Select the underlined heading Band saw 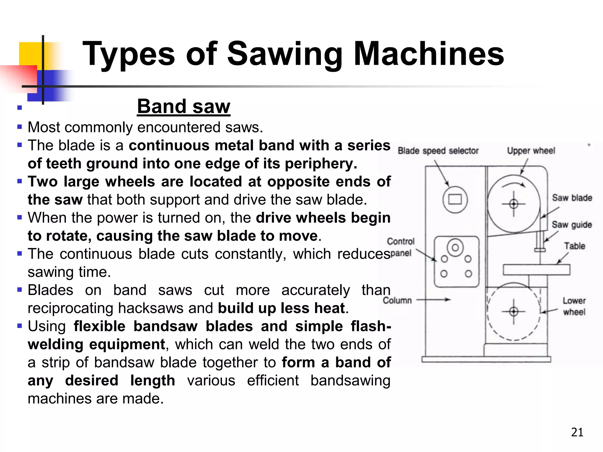pyautogui.click(x=183, y=106)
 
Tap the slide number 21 pyautogui.click(x=577, y=432)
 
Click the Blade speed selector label pyautogui.click(x=438, y=151)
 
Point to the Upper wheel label pyautogui.click(x=531, y=151)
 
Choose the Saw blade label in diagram pyautogui.click(x=572, y=198)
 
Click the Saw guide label pyautogui.click(x=571, y=225)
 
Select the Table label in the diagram pyautogui.click(x=574, y=246)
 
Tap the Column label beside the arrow pyautogui.click(x=397, y=300)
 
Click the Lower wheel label pyautogui.click(x=574, y=306)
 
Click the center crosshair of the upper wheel pyautogui.click(x=514, y=204)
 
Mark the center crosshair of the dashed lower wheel pyautogui.click(x=514, y=311)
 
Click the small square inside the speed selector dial pyautogui.click(x=455, y=200)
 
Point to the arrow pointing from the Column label pyautogui.click(x=433, y=300)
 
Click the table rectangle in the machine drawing pyautogui.click(x=536, y=270)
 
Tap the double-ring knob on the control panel pyautogui.click(x=455, y=247)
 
